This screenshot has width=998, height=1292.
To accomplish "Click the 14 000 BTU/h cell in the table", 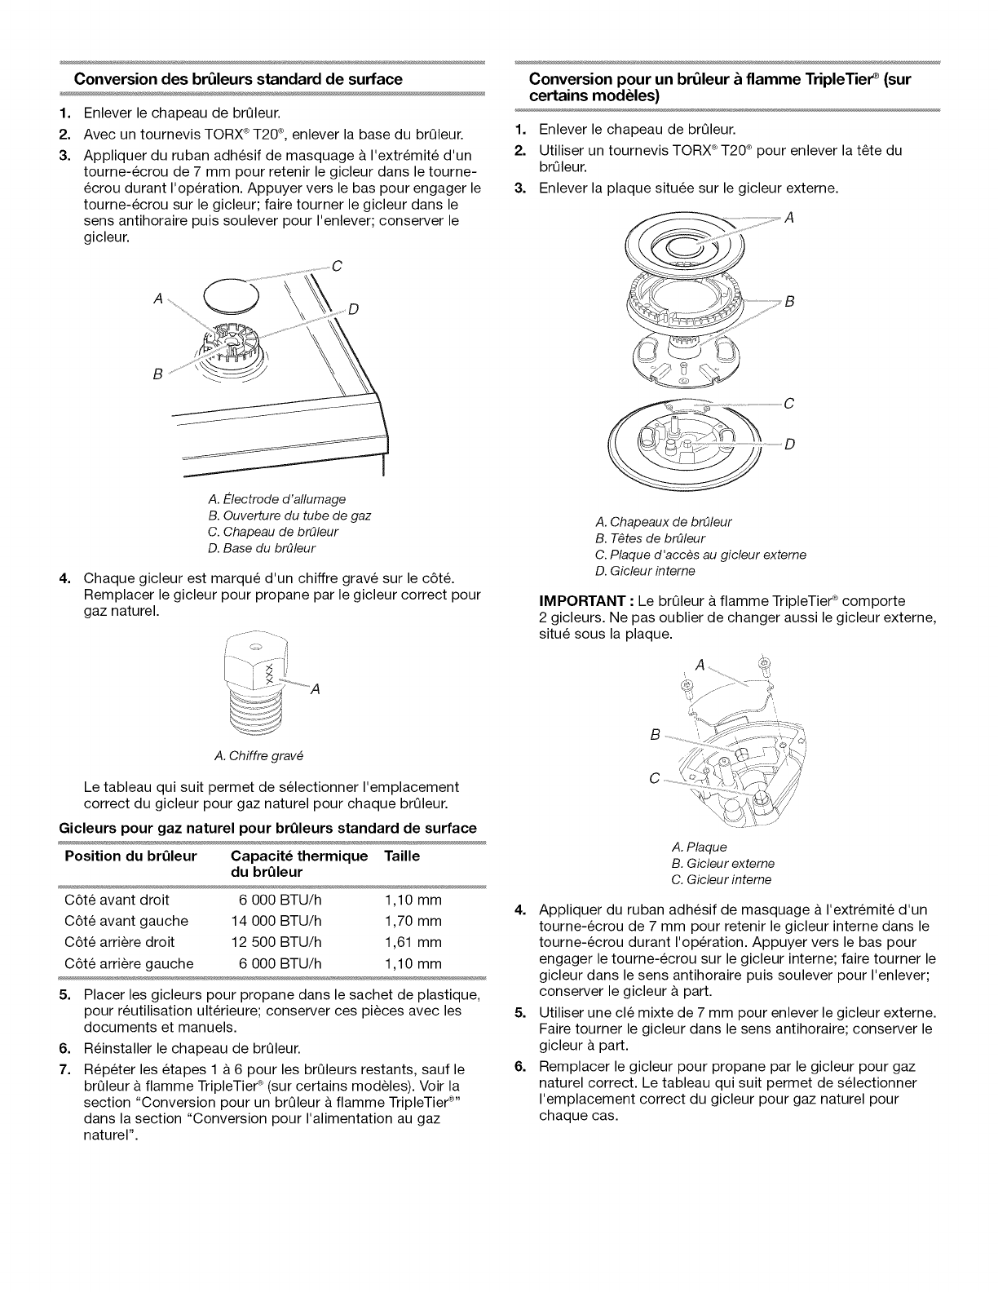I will click(x=276, y=921).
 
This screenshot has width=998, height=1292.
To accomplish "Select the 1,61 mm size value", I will click(x=413, y=942).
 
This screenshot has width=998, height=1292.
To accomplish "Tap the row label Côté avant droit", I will click(x=117, y=900).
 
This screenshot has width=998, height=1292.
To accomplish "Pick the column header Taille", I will click(x=402, y=856).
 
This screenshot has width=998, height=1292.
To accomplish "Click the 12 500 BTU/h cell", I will click(x=276, y=942).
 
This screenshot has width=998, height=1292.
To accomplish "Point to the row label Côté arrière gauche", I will click(x=128, y=963).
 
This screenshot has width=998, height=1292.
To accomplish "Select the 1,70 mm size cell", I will click(x=413, y=921).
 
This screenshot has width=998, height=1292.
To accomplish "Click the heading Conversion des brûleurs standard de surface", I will click(x=238, y=79).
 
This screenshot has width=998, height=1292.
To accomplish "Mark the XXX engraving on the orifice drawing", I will click(x=263, y=671).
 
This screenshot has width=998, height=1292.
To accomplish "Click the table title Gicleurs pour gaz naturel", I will click(x=267, y=828).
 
